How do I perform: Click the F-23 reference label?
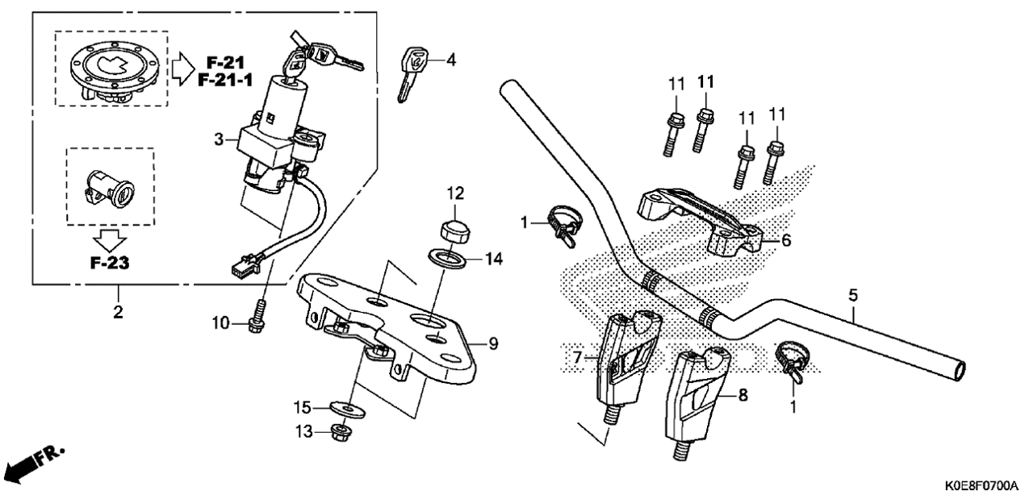[110, 263]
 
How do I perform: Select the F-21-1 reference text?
[224, 81]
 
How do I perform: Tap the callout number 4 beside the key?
[451, 60]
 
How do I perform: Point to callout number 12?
[455, 193]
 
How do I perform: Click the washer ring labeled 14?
[447, 259]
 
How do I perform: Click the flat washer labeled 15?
[348, 409]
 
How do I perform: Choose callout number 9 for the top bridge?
[493, 343]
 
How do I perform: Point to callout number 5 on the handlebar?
[853, 296]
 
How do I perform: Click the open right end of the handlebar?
[959, 370]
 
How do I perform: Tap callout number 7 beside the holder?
[577, 357]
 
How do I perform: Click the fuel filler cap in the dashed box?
[115, 73]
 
